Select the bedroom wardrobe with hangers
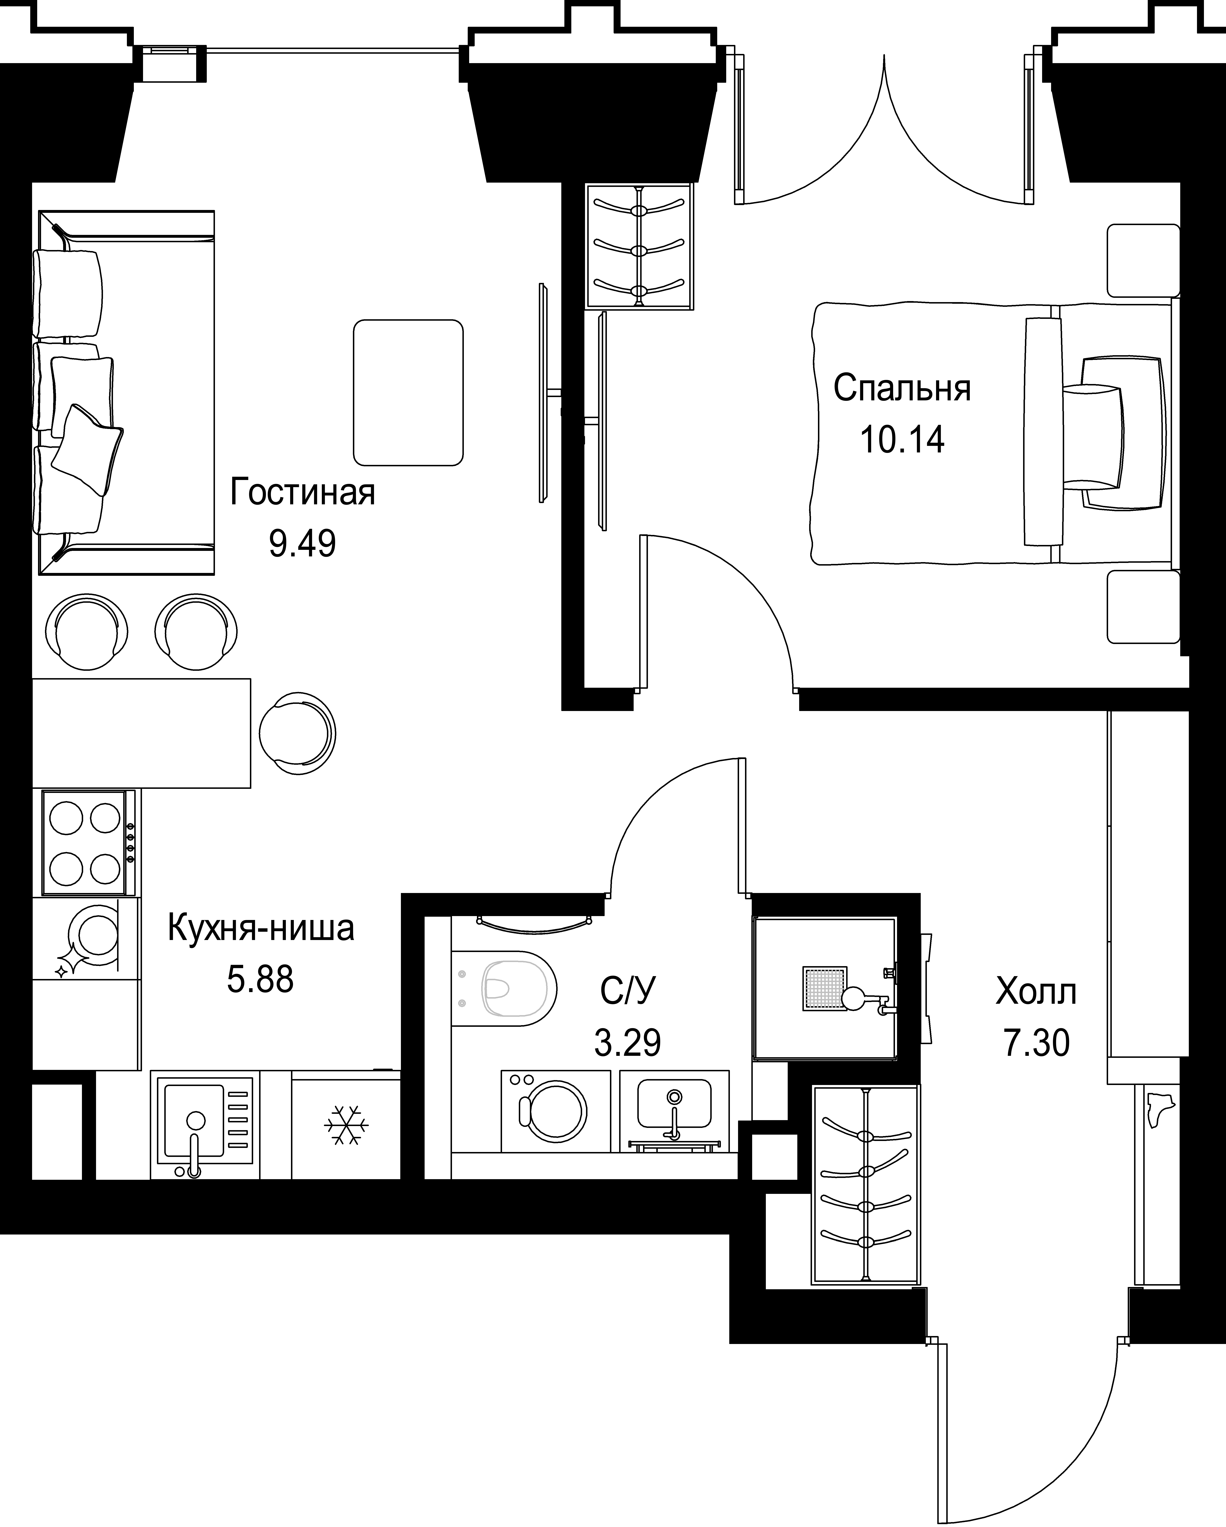[639, 246]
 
